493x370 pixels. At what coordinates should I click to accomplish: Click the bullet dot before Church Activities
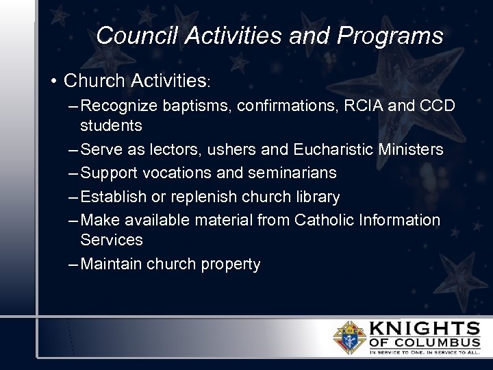(x=53, y=81)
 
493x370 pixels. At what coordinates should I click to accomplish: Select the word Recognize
(x=120, y=106)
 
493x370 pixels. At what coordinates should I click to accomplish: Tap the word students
(x=111, y=125)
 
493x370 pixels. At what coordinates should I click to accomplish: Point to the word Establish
(x=114, y=197)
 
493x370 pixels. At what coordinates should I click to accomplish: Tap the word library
(x=315, y=197)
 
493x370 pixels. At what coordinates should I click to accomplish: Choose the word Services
(x=111, y=240)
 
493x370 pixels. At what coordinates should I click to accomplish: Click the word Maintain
(x=111, y=264)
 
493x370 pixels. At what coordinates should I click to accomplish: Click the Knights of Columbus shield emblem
(x=349, y=338)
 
